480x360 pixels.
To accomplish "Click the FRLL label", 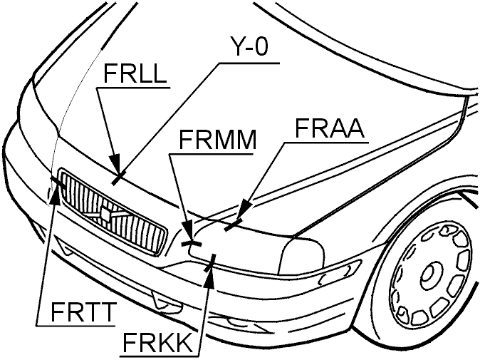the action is pyautogui.click(x=135, y=73).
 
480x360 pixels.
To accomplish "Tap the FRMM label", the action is pyautogui.click(x=217, y=140).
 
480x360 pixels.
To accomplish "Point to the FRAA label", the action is pyautogui.click(x=330, y=128).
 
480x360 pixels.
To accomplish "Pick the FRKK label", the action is pyautogui.click(x=157, y=342).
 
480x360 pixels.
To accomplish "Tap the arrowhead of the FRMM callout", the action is pyautogui.click(x=188, y=230).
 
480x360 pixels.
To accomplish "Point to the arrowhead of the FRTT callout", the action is pyautogui.click(x=56, y=192).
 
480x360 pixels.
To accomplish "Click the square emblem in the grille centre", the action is pyautogui.click(x=105, y=214).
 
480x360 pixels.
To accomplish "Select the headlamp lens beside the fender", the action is pyautogui.click(x=301, y=255).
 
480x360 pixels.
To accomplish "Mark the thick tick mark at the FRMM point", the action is pyautogui.click(x=192, y=244).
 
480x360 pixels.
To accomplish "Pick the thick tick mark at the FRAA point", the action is pyautogui.click(x=234, y=225).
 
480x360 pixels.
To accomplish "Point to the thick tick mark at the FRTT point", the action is pyautogui.click(x=58, y=182).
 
